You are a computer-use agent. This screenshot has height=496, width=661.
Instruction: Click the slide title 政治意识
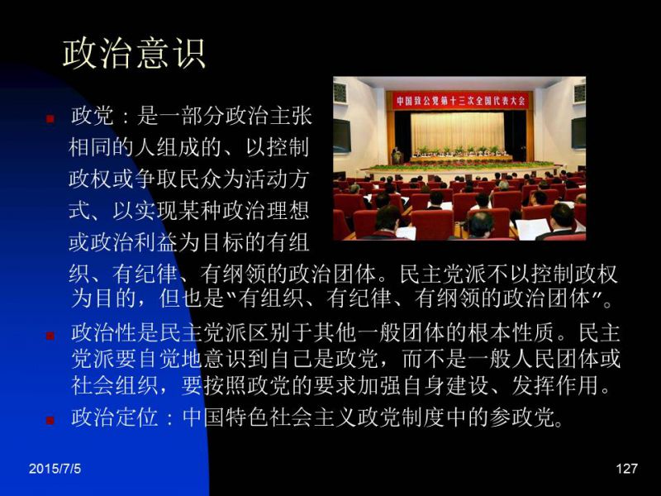click(134, 54)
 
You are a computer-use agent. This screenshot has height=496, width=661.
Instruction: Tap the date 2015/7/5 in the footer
click(55, 468)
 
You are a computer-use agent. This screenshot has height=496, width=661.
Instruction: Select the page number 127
click(626, 468)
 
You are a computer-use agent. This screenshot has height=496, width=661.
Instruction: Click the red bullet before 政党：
click(50, 119)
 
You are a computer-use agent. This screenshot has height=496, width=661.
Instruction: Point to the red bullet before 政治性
click(50, 336)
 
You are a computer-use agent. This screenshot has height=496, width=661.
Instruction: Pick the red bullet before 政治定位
click(50, 420)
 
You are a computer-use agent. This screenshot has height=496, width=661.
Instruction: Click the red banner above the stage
click(460, 101)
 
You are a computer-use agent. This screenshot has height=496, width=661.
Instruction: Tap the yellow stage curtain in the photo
click(458, 131)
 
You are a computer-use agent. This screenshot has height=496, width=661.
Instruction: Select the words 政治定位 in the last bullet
click(115, 417)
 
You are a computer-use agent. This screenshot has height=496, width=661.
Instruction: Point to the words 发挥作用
click(555, 384)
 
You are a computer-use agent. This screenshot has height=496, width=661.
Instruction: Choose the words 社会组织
click(115, 384)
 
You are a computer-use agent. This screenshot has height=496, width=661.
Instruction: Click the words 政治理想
click(265, 211)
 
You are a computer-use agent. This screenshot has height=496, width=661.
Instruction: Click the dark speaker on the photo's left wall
click(342, 136)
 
